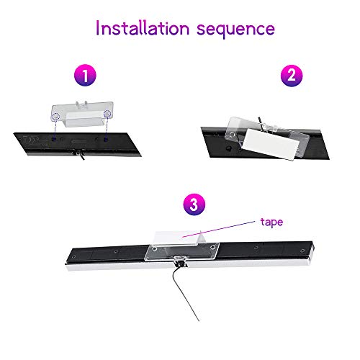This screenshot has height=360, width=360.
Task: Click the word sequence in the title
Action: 236,30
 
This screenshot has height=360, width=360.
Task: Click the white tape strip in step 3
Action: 179,235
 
